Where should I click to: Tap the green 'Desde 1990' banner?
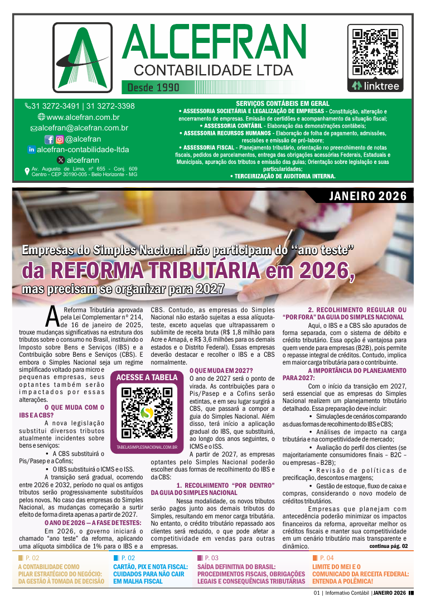(153, 88)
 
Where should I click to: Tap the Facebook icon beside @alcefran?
(49, 139)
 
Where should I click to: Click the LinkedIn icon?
(31, 149)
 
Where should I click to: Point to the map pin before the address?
(27, 171)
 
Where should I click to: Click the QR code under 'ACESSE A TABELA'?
(147, 412)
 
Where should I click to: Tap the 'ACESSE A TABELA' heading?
(147, 377)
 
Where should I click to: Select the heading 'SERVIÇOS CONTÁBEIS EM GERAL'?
(282, 104)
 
